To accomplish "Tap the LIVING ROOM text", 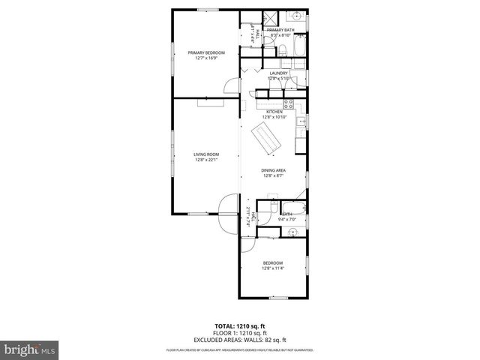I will [x=205, y=154].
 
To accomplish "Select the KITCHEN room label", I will [x=274, y=112].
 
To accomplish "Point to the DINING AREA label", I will [x=273, y=170].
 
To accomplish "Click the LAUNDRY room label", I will [x=278, y=73].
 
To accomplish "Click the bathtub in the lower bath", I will [x=295, y=207].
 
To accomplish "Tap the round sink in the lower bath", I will [x=295, y=231].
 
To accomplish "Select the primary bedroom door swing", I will [x=226, y=88].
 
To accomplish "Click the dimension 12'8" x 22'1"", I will [x=205, y=160].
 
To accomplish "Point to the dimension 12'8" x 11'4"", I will [x=272, y=268].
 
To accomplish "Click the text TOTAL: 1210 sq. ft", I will [x=239, y=326].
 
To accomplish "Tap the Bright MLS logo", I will [x=30, y=349].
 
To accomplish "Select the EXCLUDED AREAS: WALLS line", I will [x=239, y=338].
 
